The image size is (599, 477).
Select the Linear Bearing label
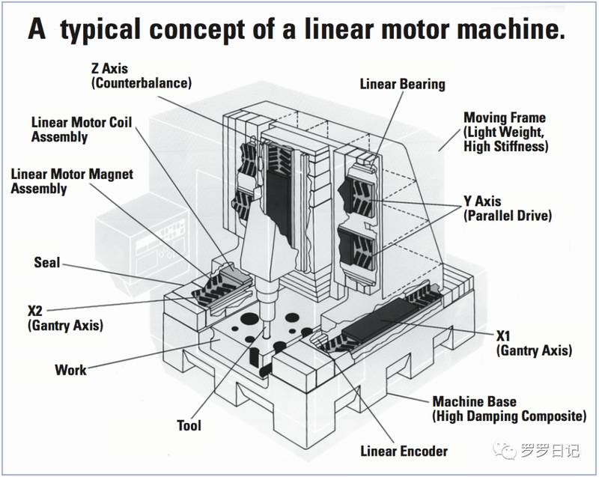tap(402, 84)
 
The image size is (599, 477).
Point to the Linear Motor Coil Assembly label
tap(81, 129)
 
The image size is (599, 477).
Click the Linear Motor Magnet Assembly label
tap(72, 181)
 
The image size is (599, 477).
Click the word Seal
tap(46, 263)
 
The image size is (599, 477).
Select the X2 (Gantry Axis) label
tap(64, 318)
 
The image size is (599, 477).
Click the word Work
tap(70, 370)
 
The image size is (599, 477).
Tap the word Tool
tap(189, 425)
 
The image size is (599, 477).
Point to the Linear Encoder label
tap(404, 451)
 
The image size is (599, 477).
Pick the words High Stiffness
tap(506, 147)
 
